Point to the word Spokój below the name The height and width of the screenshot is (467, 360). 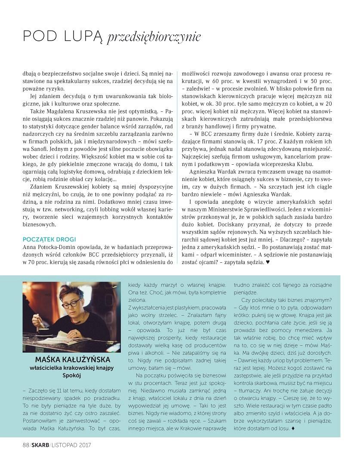pyautogui.click(x=71, y=375)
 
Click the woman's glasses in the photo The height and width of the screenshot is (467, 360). pyautogui.click(x=73, y=304)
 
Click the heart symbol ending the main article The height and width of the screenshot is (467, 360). pyautogui.click(x=268, y=262)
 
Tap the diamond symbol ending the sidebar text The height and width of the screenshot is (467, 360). pyautogui.click(x=293, y=428)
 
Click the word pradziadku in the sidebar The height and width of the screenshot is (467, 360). pyautogui.click(x=105, y=396)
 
